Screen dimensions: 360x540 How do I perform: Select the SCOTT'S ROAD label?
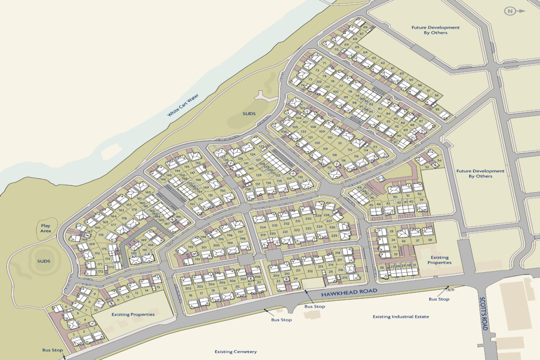[483, 319]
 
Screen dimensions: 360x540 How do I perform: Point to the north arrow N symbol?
[510, 11]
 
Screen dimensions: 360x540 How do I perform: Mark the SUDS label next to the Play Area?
[44, 261]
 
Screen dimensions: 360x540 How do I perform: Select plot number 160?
[147, 192]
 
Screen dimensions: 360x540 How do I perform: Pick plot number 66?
[365, 27]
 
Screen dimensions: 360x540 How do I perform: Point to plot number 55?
[437, 109]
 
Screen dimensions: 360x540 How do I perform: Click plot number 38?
[430, 240]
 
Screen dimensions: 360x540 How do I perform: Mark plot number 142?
[198, 163]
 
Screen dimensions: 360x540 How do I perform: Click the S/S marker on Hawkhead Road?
[451, 290]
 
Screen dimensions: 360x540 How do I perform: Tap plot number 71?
[325, 63]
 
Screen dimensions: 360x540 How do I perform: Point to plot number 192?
[190, 247]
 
